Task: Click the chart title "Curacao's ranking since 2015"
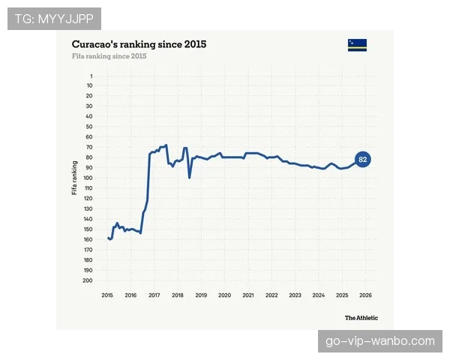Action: [x=139, y=44]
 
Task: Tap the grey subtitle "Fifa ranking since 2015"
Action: [x=109, y=56]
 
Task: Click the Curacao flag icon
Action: [x=357, y=45]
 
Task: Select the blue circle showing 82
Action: [x=363, y=159]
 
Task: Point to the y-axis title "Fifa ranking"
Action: [x=74, y=178]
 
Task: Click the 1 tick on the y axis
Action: [x=91, y=76]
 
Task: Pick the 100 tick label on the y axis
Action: [x=88, y=178]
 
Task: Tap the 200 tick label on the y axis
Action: [x=88, y=280]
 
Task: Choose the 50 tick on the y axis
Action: [x=89, y=127]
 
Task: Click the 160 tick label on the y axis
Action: [x=88, y=239]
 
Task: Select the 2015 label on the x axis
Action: [x=107, y=295]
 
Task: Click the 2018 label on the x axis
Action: [x=178, y=295]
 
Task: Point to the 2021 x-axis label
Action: [x=248, y=295]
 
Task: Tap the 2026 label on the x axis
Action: [x=366, y=295]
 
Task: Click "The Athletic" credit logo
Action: [x=361, y=318]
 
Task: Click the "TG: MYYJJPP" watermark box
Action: [x=54, y=19]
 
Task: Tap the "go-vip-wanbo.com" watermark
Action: [x=380, y=341]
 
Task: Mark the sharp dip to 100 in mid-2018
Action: [x=190, y=178]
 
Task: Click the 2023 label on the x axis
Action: [x=295, y=295]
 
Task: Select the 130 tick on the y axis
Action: [x=88, y=208]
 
